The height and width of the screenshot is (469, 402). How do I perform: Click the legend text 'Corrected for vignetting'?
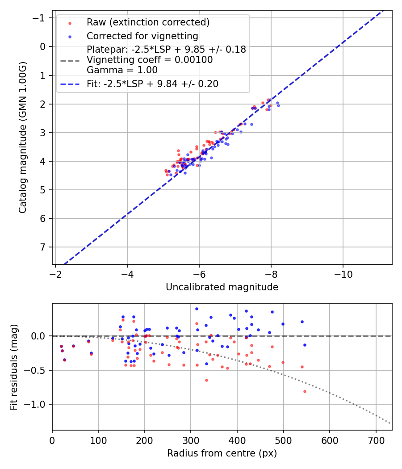pos(142,36)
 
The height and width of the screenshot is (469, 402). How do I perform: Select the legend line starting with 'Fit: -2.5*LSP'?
pos(152,84)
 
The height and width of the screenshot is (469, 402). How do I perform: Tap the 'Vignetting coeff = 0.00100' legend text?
pos(150,60)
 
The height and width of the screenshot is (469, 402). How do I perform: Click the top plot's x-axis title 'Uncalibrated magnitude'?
pos(222,287)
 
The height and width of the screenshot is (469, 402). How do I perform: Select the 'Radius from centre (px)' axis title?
pos(222,453)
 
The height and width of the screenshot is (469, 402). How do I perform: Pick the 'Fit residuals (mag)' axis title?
pos(14,367)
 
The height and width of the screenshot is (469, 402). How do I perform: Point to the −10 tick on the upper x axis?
pos(343,272)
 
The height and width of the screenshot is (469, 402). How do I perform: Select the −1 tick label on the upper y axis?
pos(41,18)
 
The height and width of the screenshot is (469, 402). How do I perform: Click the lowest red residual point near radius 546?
pos(305,391)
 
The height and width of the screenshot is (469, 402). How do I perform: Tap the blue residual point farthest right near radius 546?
pos(305,345)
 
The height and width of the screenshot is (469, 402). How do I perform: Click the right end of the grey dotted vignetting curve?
pos(390,423)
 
